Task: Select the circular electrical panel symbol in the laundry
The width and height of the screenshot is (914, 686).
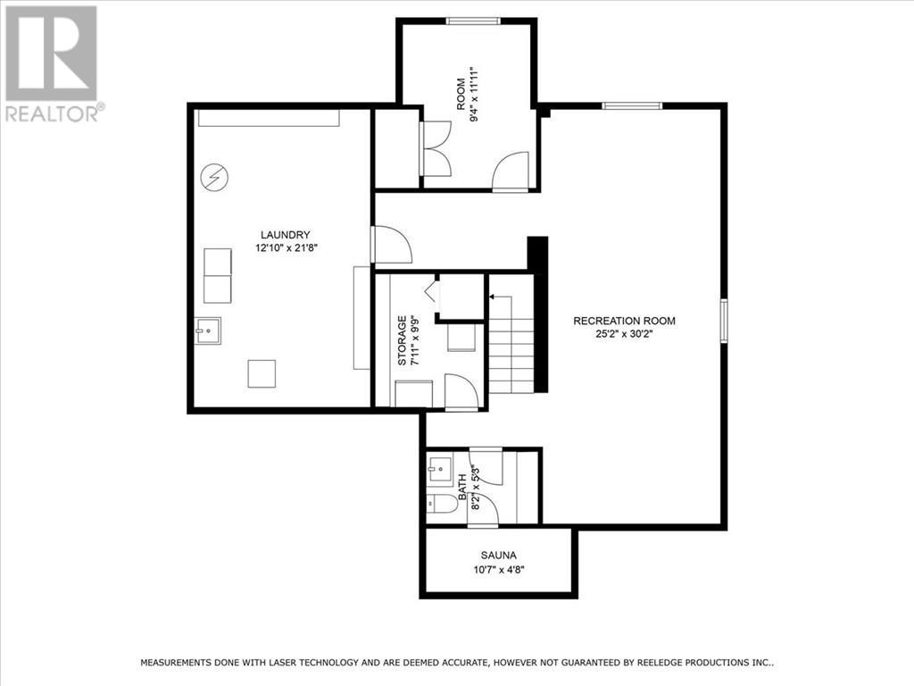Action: [213, 177]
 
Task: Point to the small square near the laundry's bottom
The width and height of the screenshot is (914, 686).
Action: [262, 372]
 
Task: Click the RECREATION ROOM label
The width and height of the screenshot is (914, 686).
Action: [624, 321]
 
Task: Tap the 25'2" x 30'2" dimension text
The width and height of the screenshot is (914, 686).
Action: [624, 335]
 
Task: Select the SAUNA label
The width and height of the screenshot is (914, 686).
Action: [498, 555]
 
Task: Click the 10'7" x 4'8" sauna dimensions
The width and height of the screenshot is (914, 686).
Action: [498, 569]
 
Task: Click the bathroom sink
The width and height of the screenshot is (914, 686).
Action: [439, 467]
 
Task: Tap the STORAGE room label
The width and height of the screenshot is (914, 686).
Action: [403, 340]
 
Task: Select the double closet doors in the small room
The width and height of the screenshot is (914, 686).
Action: [435, 148]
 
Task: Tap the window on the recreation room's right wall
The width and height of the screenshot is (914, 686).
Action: [724, 320]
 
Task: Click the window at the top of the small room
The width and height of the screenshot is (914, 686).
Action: [471, 21]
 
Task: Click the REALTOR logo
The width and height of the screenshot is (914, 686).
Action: [53, 63]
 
